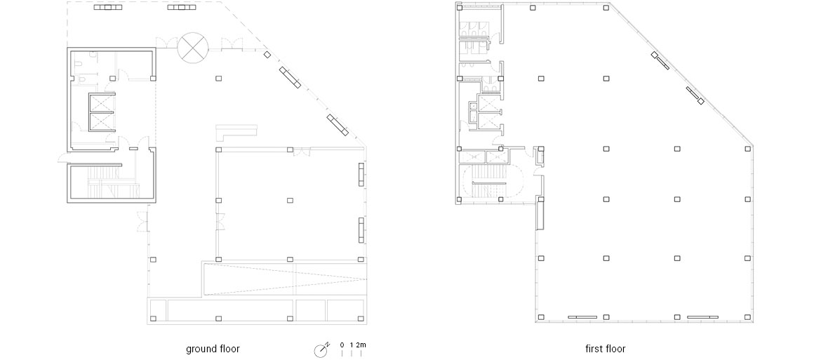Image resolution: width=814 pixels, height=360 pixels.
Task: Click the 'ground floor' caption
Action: click(213, 349)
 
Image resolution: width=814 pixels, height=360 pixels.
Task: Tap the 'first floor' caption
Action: click(606, 349)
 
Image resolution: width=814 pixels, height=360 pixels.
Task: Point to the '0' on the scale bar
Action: click(342, 345)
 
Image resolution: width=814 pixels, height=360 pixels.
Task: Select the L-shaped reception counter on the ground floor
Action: click(236, 132)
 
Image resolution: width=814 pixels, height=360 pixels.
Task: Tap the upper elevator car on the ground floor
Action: click(101, 103)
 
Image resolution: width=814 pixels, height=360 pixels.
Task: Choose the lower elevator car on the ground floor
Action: click(101, 123)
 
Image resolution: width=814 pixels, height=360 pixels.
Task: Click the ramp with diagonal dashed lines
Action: click(284, 279)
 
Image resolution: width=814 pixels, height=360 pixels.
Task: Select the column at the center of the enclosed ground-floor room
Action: click(291, 200)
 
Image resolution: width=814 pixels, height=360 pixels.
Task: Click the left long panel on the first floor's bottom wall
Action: click(582, 317)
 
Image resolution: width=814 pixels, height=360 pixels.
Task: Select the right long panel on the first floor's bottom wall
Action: click(703, 317)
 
